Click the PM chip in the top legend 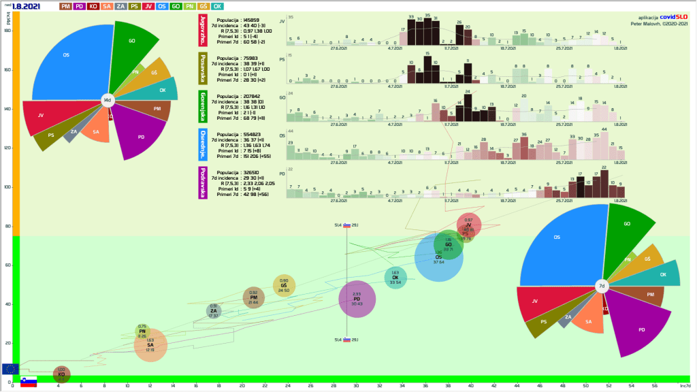click(66, 6)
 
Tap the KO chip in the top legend click(94, 6)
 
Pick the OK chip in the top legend click(218, 6)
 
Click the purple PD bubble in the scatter click(357, 299)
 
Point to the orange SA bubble click(150, 346)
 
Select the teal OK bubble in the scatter click(395, 277)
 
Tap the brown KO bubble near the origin click(61, 374)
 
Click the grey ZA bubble click(214, 311)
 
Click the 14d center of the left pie click(107, 100)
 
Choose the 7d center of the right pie click(602, 287)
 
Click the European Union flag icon click(10, 369)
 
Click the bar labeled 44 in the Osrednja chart click(604, 144)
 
